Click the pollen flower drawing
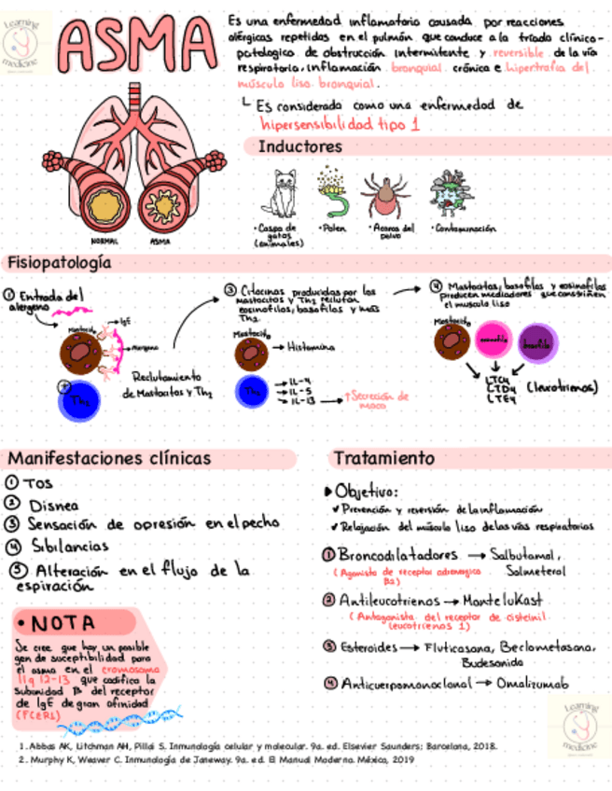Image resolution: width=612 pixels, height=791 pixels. tap(330, 192)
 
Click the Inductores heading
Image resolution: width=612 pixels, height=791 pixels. tap(300, 146)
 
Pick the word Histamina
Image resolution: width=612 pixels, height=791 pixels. tap(310, 347)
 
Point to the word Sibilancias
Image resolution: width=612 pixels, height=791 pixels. tap(70, 546)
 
